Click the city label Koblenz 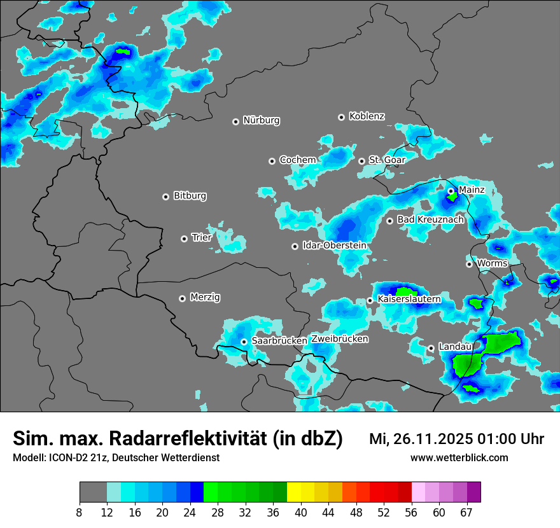(367, 116)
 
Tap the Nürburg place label (261, 120)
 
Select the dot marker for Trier (185, 239)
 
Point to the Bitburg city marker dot (166, 197)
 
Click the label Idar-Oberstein (334, 246)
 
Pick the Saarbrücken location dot (244, 342)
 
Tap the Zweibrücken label (339, 339)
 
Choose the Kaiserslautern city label (409, 299)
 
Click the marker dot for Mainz (451, 191)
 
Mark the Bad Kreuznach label (430, 219)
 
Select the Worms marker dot (469, 264)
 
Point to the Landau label (455, 347)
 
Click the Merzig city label (206, 297)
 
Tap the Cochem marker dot (272, 161)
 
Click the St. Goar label (387, 160)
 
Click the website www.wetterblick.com (459, 457)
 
